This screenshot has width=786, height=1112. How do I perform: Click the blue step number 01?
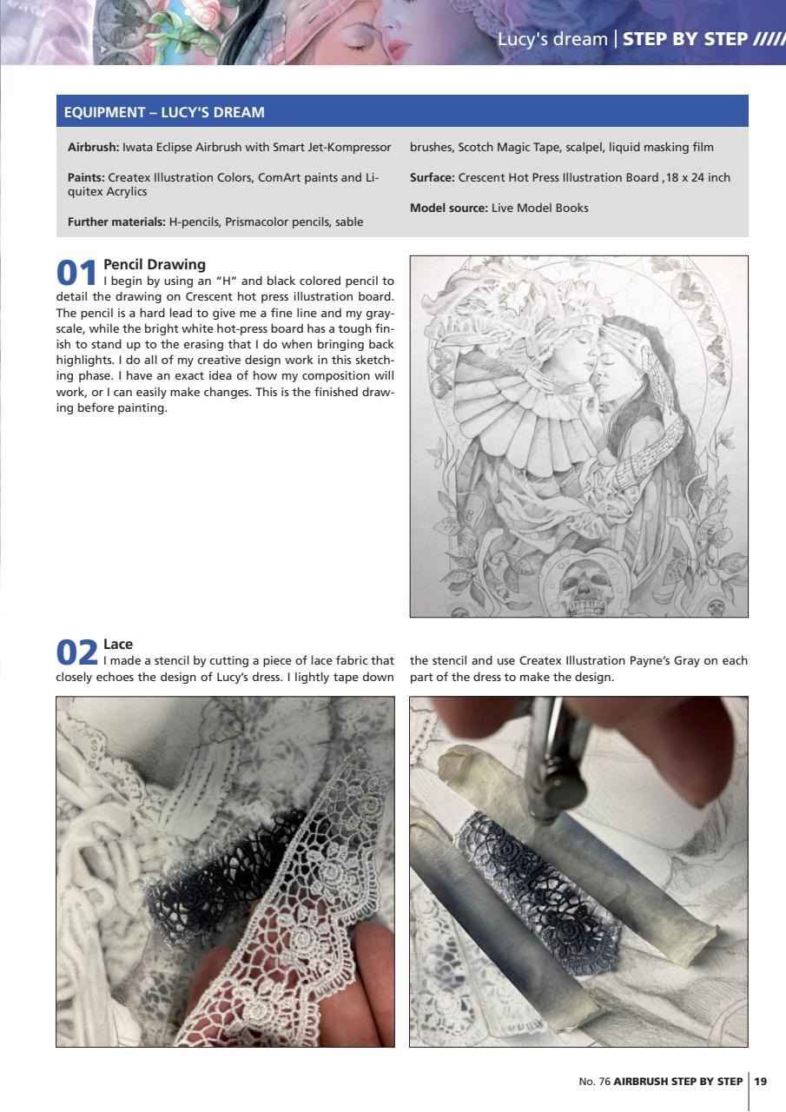(76, 272)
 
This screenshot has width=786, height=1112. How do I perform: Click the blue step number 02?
(76, 652)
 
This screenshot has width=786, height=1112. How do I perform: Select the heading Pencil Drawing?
(155, 264)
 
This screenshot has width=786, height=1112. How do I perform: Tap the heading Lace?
(118, 645)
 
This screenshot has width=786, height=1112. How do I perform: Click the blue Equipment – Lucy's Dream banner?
(401, 112)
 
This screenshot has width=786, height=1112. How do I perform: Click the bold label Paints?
(86, 177)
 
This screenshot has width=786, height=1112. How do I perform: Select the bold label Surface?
(433, 177)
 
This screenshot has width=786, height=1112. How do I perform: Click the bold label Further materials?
(116, 222)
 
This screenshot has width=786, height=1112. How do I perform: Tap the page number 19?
(761, 1082)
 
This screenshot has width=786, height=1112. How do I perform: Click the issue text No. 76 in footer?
(594, 1082)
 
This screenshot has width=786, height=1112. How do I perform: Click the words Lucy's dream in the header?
(552, 39)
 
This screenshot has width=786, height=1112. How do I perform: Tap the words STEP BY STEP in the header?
(685, 39)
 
